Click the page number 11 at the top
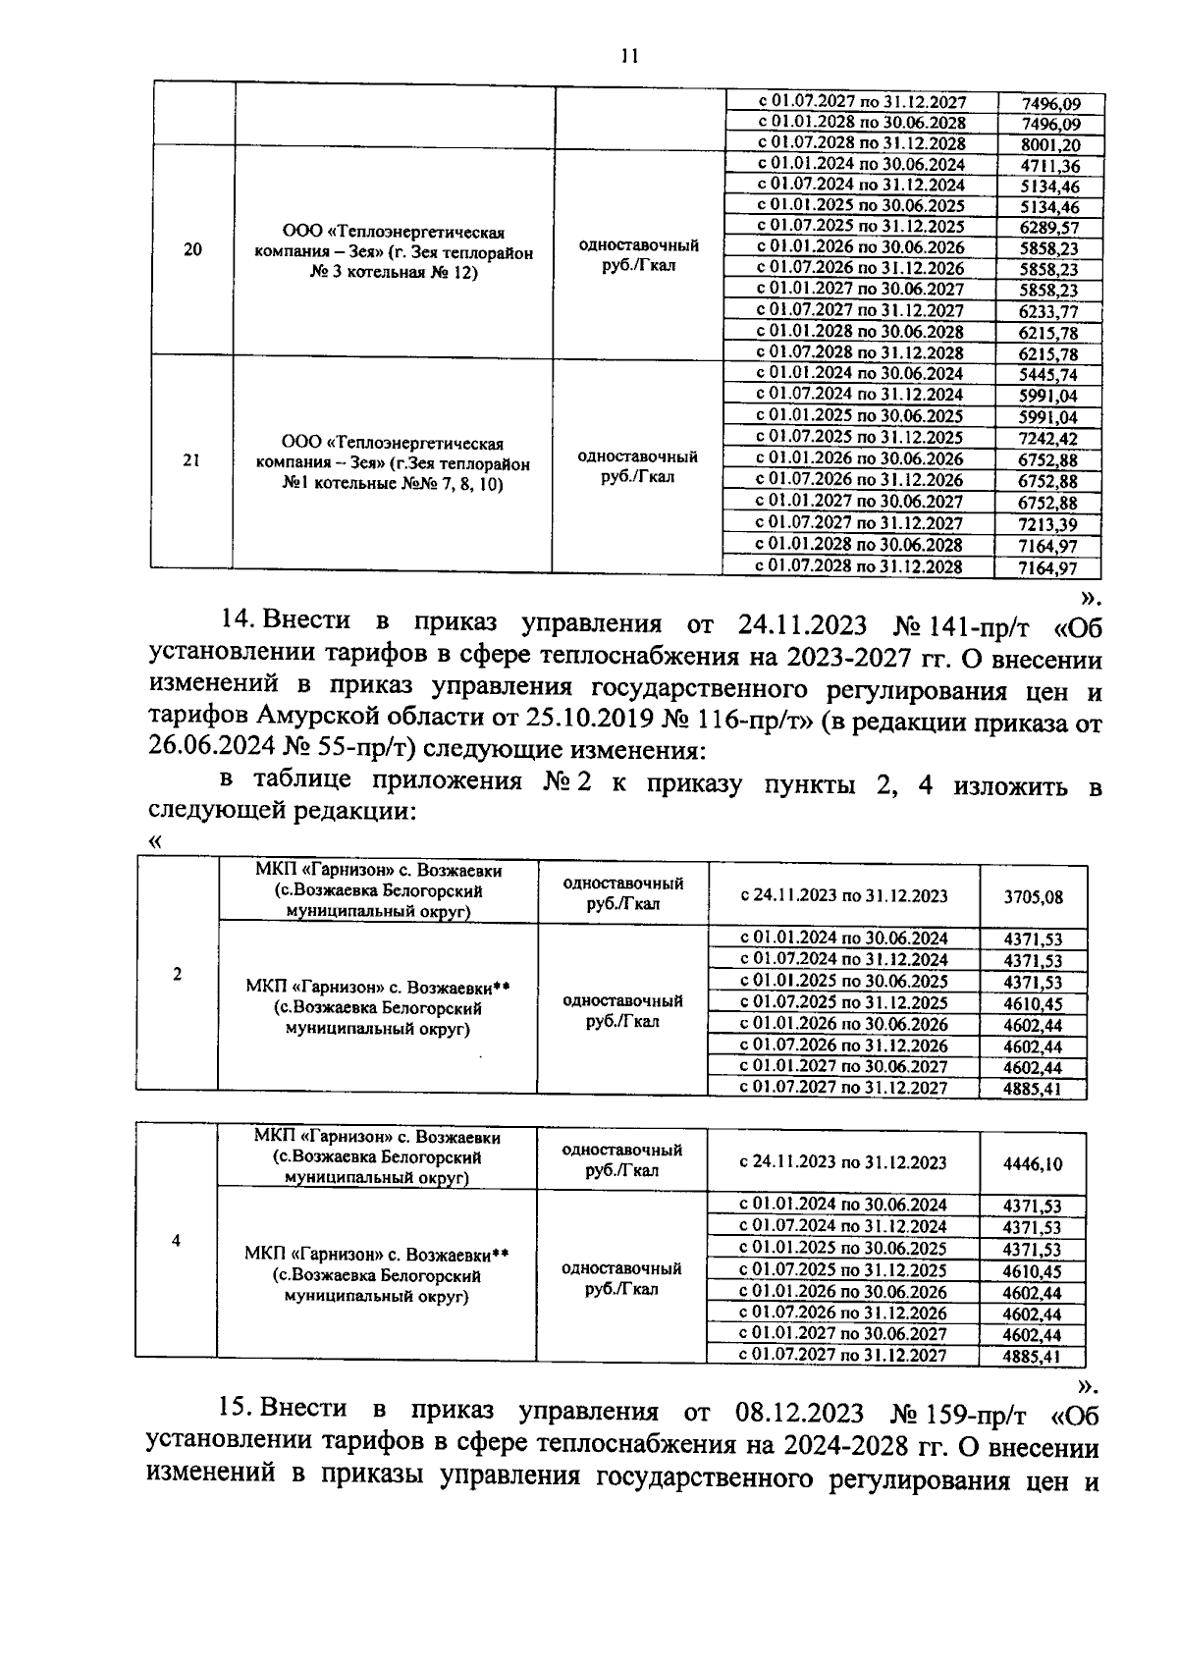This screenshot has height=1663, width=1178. pyautogui.click(x=629, y=56)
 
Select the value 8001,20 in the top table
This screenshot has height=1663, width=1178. pyautogui.click(x=1050, y=144)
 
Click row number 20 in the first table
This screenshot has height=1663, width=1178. pyautogui.click(x=193, y=249)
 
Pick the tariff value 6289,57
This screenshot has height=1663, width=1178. pyautogui.click(x=1048, y=228)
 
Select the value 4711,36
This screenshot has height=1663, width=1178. pyautogui.click(x=1050, y=166)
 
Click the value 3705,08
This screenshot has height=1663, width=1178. pyautogui.click(x=1033, y=896)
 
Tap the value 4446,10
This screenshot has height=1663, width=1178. pyautogui.click(x=1033, y=1163)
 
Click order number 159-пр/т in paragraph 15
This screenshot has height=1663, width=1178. pyautogui.click(x=960, y=1414)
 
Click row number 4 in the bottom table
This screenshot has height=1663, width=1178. pyautogui.click(x=176, y=1241)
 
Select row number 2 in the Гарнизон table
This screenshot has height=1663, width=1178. pyautogui.click(x=177, y=974)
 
